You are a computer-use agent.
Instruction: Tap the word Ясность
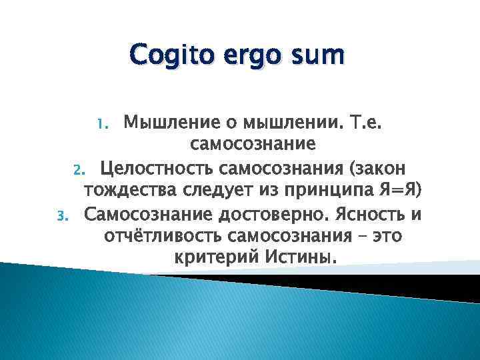pyautogui.click(x=373, y=215)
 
